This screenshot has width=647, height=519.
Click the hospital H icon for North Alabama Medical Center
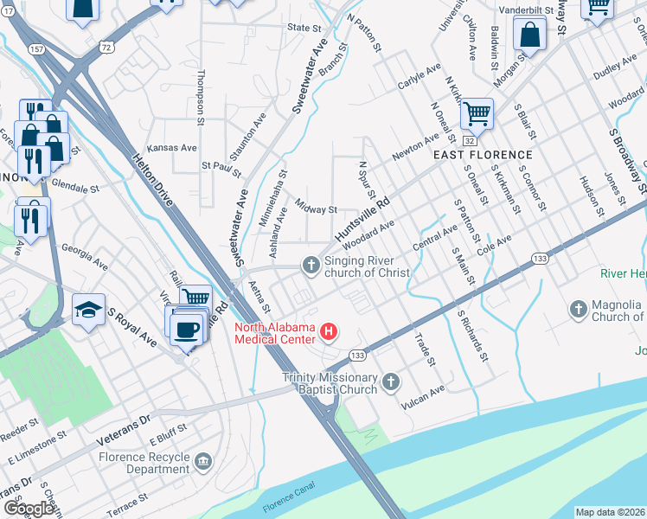click(328, 331)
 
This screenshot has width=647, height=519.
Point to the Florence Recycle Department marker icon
click(203, 460)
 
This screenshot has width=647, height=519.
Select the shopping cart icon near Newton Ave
click(477, 112)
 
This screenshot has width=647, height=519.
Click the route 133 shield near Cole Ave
click(540, 258)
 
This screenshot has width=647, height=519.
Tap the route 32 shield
click(468, 139)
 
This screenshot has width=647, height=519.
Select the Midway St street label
click(316, 208)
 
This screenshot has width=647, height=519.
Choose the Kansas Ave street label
click(172, 148)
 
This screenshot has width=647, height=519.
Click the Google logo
click(29, 509)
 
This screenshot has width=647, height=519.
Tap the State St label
click(304, 28)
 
